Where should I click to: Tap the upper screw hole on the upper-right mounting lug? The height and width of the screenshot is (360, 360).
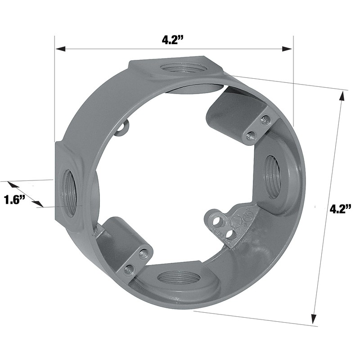tap(265, 120)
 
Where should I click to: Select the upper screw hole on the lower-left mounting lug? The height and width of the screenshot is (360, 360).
tap(144, 253)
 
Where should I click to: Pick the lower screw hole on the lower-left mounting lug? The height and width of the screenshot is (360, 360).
tap(129, 269)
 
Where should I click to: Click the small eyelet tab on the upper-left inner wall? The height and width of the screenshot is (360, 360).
tap(121, 128)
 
